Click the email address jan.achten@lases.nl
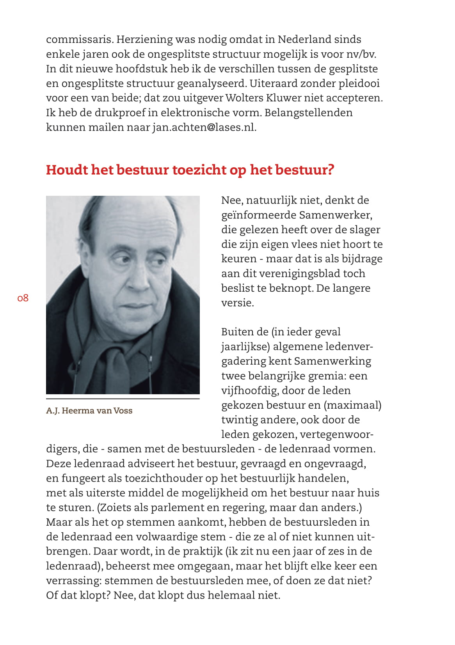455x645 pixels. click(204, 128)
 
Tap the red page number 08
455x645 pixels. click(23, 298)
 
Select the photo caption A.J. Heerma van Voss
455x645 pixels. click(89, 411)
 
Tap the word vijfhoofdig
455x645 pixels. click(249, 390)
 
